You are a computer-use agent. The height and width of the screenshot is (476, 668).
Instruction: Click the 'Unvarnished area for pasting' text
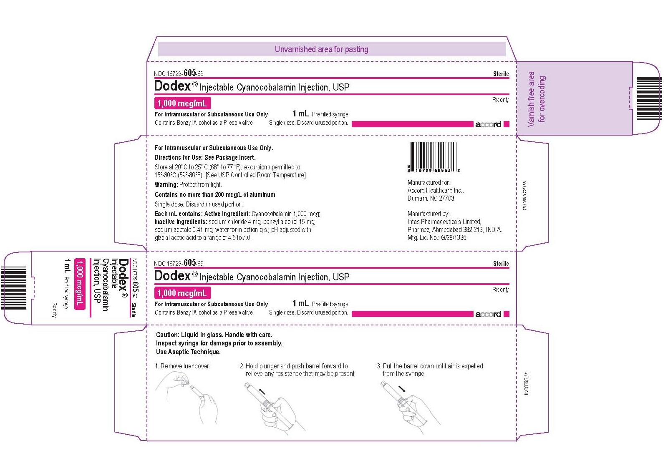click(x=321, y=49)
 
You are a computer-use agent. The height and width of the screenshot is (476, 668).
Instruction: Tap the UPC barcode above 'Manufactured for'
click(x=434, y=157)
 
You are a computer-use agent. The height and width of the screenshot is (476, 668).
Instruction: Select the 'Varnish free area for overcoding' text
click(x=537, y=99)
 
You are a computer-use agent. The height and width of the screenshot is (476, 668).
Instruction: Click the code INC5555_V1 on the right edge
click(x=527, y=383)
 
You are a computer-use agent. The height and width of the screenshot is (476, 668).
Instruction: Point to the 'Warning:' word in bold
click(x=166, y=185)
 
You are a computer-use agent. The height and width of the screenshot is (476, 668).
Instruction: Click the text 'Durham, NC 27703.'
click(x=431, y=198)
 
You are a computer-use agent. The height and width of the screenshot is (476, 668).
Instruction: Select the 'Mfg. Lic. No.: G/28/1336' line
click(x=436, y=238)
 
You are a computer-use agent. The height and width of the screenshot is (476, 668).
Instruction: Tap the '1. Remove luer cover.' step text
click(x=182, y=366)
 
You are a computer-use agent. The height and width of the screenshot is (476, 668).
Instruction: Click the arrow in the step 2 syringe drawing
click(x=262, y=391)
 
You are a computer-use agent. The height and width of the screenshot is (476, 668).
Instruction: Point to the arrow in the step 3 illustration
click(x=402, y=389)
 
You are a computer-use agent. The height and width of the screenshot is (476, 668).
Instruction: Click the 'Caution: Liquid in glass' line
click(x=214, y=335)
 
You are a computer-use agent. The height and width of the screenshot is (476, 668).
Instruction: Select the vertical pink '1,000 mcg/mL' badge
click(x=80, y=284)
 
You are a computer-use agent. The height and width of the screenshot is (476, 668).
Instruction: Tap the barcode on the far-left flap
click(x=14, y=288)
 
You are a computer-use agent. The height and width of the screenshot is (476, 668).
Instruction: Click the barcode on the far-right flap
click(x=650, y=98)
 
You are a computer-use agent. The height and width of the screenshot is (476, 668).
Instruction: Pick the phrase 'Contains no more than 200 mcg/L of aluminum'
click(x=215, y=195)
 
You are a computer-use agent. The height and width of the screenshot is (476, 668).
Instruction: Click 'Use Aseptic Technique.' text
click(x=188, y=352)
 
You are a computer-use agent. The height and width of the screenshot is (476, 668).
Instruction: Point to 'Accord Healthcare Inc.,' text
click(x=436, y=191)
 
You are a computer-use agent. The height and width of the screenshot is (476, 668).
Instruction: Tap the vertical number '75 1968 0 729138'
click(x=525, y=196)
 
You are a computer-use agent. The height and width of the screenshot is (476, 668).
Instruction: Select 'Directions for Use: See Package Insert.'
click(x=205, y=157)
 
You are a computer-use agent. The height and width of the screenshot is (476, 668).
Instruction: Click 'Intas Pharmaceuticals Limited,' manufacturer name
click(x=444, y=222)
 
